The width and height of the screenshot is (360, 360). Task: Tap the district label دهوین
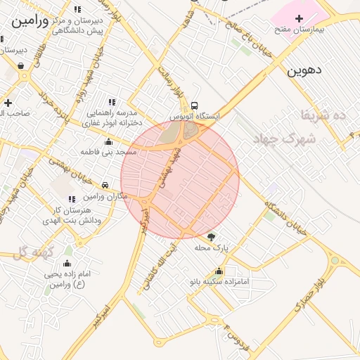tap(304, 71)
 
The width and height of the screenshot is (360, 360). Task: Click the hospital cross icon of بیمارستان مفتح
tap(300, 18)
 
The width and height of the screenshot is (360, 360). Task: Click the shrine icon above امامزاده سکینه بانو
tap(219, 271)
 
